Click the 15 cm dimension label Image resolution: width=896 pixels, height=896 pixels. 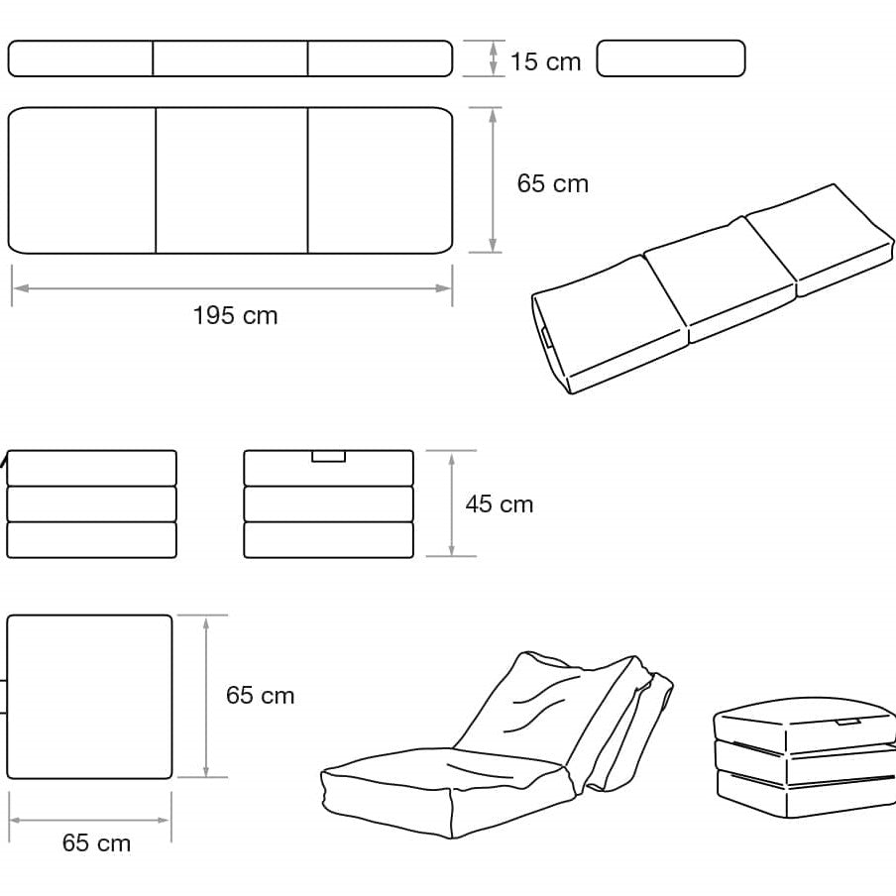coord(545,61)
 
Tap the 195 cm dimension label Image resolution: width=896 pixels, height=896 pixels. coord(236,315)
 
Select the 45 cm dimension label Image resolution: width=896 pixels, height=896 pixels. coord(500,504)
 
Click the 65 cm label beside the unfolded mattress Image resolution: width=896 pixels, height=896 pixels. coord(553,183)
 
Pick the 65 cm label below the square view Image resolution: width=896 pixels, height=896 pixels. coord(96,842)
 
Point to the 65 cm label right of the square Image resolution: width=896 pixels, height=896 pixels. coord(260,695)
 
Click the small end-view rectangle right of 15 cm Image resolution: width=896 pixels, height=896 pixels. coord(671,58)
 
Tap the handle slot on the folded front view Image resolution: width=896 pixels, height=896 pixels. coord(329,456)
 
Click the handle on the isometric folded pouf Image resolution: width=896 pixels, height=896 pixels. coord(848,723)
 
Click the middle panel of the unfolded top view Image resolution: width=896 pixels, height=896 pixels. coord(231,180)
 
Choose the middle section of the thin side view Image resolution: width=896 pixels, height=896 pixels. coord(230,58)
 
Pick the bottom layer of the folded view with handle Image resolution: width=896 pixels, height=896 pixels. coord(329,539)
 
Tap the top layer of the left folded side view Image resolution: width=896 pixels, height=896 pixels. coord(91,468)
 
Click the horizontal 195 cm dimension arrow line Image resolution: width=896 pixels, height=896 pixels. coord(232,288)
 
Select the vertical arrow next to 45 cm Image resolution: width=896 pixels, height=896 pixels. coord(451,504)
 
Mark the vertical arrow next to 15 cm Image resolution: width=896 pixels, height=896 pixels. coord(494,58)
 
